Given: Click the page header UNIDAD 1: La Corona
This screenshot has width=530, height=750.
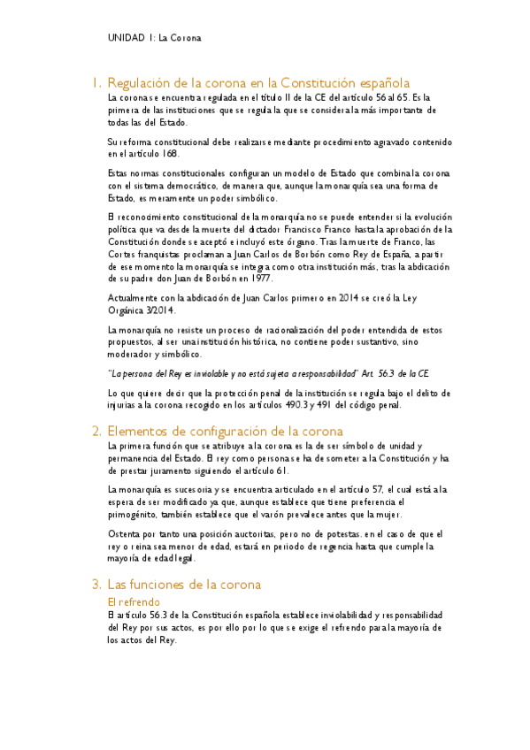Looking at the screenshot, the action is pyautogui.click(x=154, y=39).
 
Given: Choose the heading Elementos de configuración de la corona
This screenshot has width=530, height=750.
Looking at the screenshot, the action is pyautogui.click(x=224, y=432).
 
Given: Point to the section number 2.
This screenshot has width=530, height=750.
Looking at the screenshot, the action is pyautogui.click(x=96, y=432).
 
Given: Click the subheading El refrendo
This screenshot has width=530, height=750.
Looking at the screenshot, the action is pyautogui.click(x=132, y=601).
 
